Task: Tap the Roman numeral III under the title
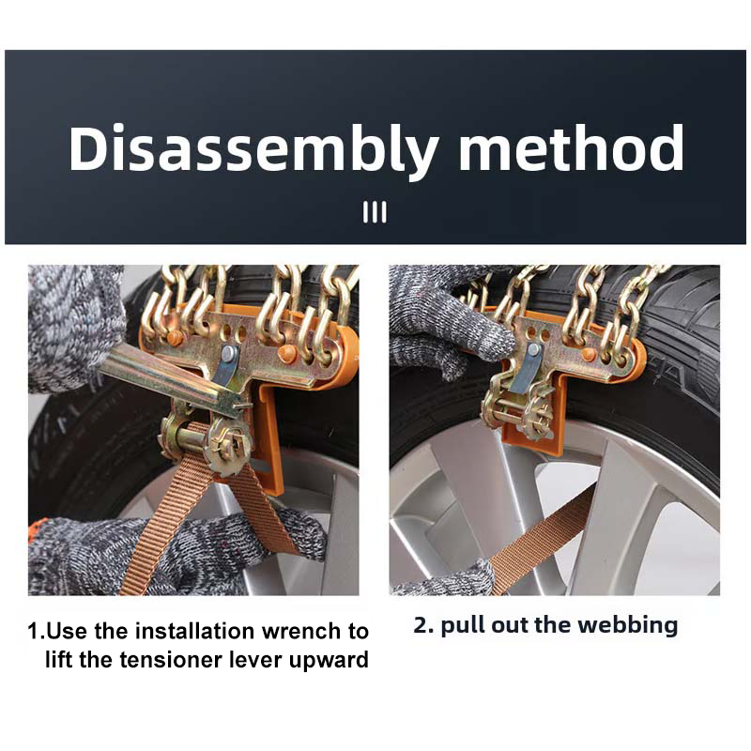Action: [x=375, y=213]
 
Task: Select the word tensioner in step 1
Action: [x=174, y=659]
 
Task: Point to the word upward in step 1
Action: [x=326, y=659]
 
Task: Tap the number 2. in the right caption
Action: [x=423, y=625]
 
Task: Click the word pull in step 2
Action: [x=466, y=626]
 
